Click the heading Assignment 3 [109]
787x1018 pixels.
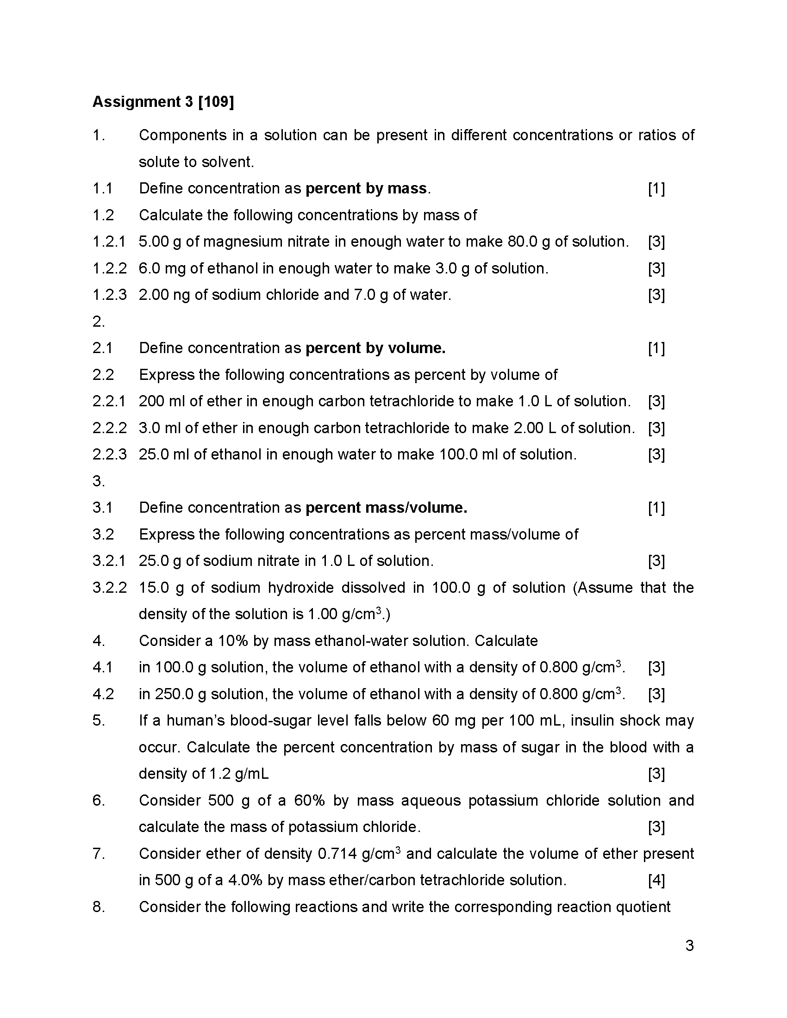click(x=162, y=102)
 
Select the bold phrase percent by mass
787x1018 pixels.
click(x=366, y=188)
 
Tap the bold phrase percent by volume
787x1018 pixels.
click(x=375, y=348)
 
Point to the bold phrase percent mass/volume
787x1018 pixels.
click(x=386, y=508)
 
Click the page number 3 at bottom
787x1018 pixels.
click(x=690, y=946)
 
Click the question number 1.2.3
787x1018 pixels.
click(x=109, y=295)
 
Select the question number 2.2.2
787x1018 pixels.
click(x=109, y=428)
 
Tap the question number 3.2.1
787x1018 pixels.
click(x=109, y=561)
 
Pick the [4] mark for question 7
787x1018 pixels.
click(x=656, y=880)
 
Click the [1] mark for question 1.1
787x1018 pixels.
click(x=656, y=189)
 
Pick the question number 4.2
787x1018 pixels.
click(x=103, y=694)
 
